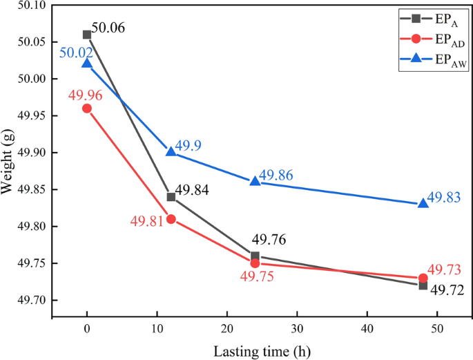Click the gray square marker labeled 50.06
pos(87,35)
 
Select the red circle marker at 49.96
pos(87,108)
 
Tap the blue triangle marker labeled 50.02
pos(87,64)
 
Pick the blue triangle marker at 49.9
pos(171,152)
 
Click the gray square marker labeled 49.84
pos(171,197)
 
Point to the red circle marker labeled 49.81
pos(171,219)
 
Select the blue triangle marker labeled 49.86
pos(255,181)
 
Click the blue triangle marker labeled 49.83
pos(423,203)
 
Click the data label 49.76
pos(269,240)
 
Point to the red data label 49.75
pos(256,276)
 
